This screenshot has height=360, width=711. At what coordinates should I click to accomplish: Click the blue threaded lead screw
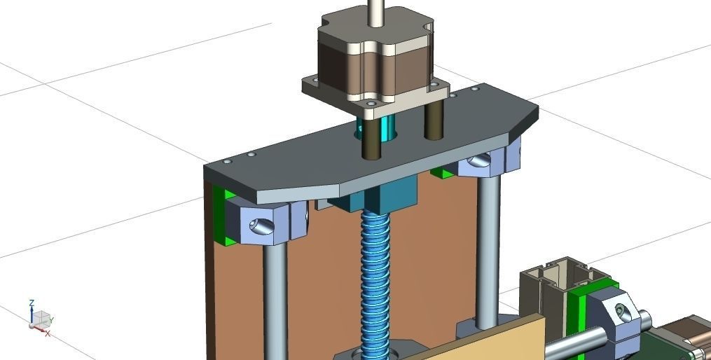(375, 280)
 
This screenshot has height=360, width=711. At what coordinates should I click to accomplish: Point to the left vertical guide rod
(275, 301)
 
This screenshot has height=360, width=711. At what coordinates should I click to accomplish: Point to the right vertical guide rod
(488, 245)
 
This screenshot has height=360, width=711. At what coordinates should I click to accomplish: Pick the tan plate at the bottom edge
(490, 343)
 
